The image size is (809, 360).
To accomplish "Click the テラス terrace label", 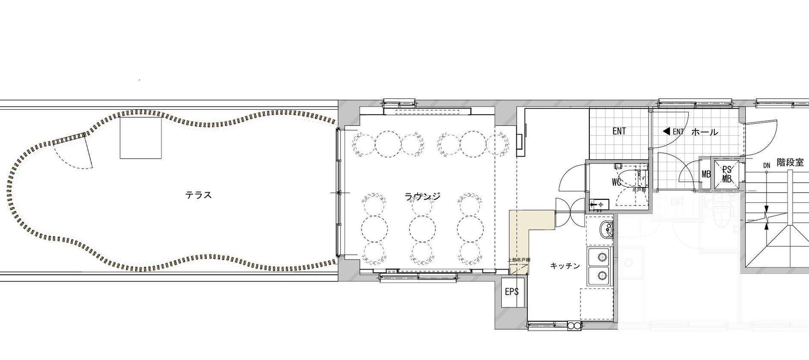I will pos(199,195).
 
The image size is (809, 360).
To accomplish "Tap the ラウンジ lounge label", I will pos(422,196).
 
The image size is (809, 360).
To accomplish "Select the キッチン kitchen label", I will pos(565,266).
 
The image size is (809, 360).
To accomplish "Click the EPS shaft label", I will pos(512,292).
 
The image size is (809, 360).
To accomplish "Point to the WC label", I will pos(616,182).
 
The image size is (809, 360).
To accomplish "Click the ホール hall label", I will pos(705,132).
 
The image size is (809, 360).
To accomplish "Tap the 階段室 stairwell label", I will pos(790,163).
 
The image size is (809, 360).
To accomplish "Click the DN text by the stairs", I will pos(766,165).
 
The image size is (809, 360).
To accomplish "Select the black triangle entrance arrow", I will pos(666,131).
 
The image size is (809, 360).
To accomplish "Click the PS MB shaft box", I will pos(726,174).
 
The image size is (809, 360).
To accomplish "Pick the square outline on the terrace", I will pos(140,137).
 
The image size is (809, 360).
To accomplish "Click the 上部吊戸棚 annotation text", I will pos(519,260).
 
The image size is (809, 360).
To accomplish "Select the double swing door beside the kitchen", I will pos(570,211).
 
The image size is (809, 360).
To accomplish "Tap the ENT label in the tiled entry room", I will pos(619,131).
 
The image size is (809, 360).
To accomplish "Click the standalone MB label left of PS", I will pos(706,175).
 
